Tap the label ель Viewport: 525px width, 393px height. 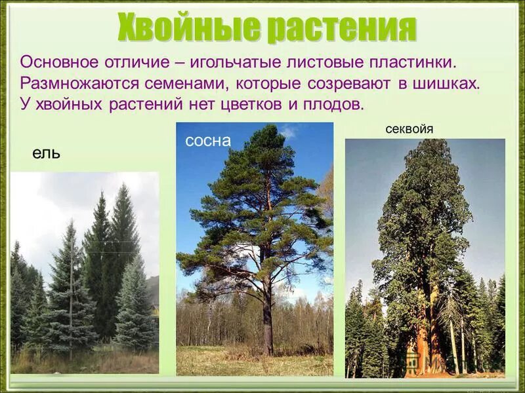coord(46,153)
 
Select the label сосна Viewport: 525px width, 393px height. coord(208,141)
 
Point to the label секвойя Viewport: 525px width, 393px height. coord(409,129)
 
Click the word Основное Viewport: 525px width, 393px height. coord(60,62)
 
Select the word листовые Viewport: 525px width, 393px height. coord(312,62)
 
